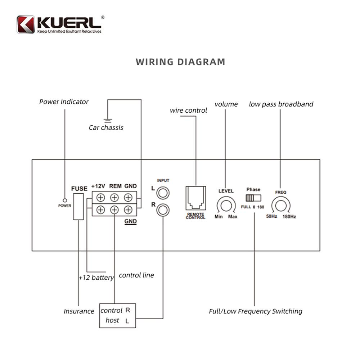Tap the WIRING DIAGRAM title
[x=180, y=62]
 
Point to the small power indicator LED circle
[x=64, y=200]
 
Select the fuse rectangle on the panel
[x=78, y=206]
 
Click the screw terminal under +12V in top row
[x=100, y=198]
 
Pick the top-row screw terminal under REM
[x=114, y=198]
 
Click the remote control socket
[x=195, y=198]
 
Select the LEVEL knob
[x=226, y=206]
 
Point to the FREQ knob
[x=280, y=206]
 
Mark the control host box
[x=118, y=315]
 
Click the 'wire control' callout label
[x=188, y=111]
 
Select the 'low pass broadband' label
[x=281, y=104]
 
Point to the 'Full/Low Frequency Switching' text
[x=256, y=311]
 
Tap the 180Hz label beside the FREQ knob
[x=289, y=217]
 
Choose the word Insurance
[x=79, y=311]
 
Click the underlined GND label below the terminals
[x=130, y=222]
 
